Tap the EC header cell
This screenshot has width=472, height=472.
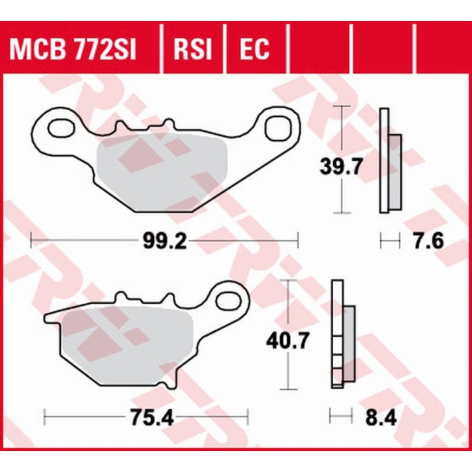point(254,49)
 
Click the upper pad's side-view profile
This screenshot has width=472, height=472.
point(385,162)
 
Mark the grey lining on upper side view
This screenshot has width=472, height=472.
point(396,171)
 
